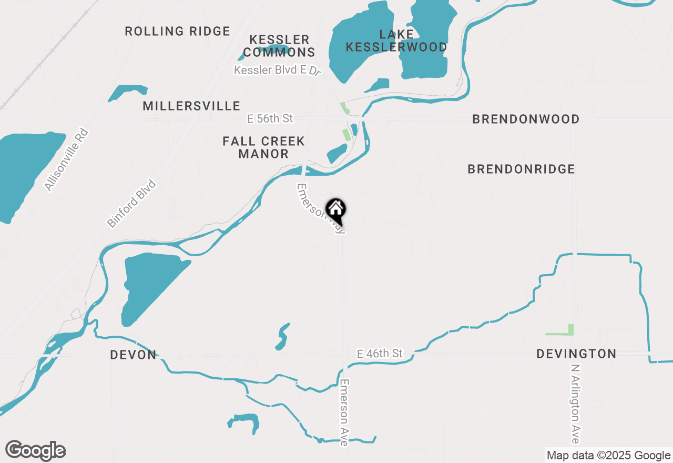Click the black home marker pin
click(335, 210)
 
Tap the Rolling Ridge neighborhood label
click(177, 32)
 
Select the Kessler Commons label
click(279, 46)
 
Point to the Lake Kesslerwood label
click(396, 41)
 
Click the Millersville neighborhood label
click(191, 106)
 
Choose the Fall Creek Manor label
click(263, 147)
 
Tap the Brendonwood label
click(526, 119)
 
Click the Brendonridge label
click(521, 169)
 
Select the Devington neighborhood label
click(576, 354)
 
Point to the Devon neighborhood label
click(133, 355)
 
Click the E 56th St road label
click(270, 119)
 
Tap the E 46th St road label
click(379, 354)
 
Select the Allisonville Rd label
click(66, 159)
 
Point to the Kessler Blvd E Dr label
click(277, 70)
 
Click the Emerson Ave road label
click(344, 412)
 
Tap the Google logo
click(36, 451)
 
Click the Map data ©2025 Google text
click(608, 456)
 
